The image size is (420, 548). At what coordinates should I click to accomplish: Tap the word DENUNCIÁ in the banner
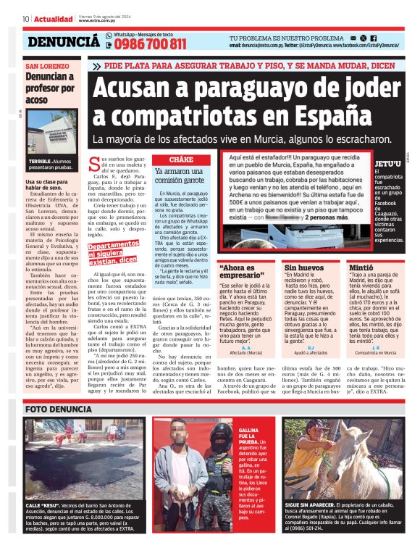pos(64,42)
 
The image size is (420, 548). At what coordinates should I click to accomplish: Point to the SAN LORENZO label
pos(47,66)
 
